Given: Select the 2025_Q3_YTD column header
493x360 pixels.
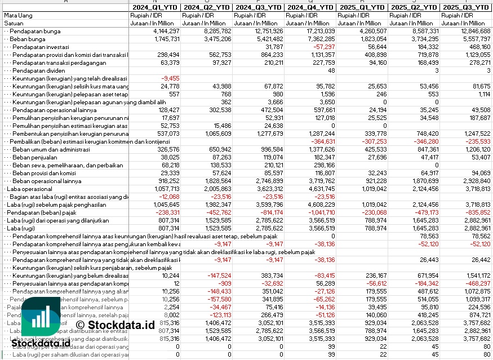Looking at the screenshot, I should pos(465,7).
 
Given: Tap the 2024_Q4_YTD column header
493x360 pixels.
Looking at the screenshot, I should pos(309,7).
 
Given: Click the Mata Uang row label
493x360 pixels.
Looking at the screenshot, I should pos(16,15).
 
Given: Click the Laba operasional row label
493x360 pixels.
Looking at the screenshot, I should pos(24,189).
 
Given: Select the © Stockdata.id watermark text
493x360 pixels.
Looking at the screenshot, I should pos(115,325).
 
